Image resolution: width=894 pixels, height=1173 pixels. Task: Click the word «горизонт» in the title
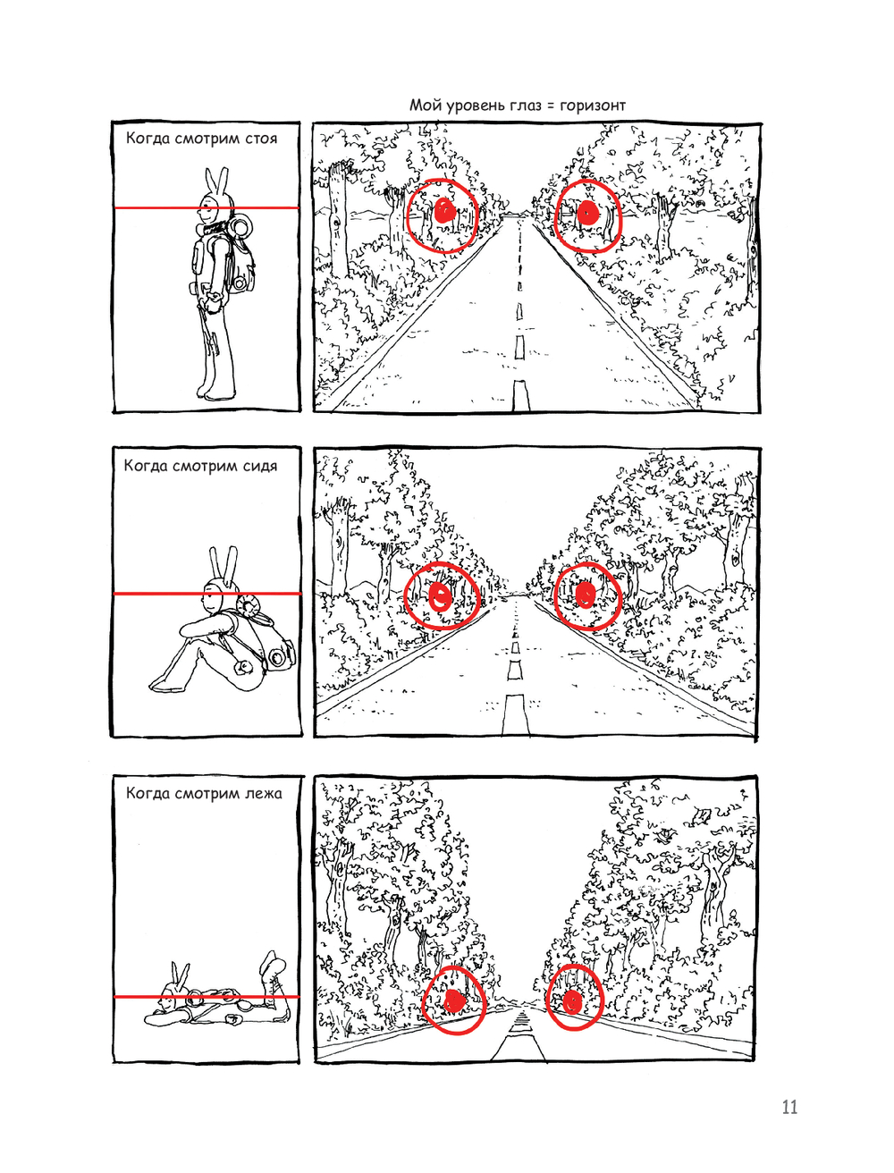point(592,105)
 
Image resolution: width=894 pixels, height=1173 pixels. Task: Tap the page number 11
point(789,1107)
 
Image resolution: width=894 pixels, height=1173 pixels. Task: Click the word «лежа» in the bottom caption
point(262,794)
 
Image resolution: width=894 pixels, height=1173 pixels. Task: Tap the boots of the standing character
point(215,392)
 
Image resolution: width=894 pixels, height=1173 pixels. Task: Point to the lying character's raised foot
point(274,963)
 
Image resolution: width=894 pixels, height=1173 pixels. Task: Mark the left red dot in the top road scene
point(444,212)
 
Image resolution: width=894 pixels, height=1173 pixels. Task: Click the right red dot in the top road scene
point(586,212)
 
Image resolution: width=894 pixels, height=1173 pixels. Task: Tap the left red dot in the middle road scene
point(440,595)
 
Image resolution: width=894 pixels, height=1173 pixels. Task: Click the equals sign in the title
point(548,106)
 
